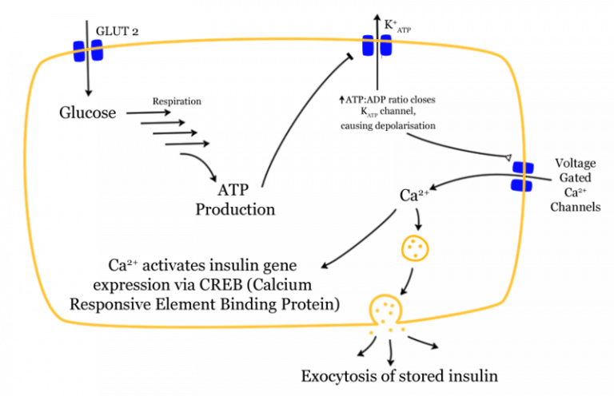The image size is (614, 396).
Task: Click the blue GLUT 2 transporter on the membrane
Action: pyautogui.click(x=89, y=50)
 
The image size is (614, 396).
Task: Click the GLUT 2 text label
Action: pyautogui.click(x=114, y=30)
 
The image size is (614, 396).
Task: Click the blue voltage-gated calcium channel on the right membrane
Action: pyautogui.click(x=523, y=176)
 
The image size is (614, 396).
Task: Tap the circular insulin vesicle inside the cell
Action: pyautogui.click(x=414, y=249)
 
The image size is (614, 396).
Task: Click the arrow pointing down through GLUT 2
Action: pyautogui.click(x=88, y=80)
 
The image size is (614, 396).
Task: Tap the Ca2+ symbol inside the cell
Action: pyautogui.click(x=410, y=194)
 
